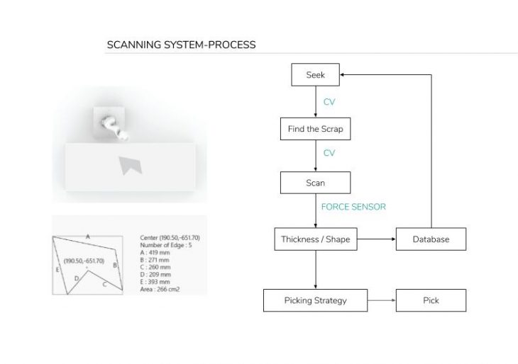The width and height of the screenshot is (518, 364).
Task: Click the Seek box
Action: click(x=315, y=75)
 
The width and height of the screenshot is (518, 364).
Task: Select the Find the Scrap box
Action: click(x=315, y=130)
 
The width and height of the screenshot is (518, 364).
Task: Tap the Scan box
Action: click(x=315, y=183)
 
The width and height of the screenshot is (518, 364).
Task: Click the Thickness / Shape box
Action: click(x=315, y=239)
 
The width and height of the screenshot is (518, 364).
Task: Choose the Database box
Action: click(x=431, y=239)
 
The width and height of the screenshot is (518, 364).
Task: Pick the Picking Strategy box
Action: click(x=315, y=300)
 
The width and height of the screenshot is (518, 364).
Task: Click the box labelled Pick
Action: click(x=431, y=300)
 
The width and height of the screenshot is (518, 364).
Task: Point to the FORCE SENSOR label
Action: click(x=353, y=207)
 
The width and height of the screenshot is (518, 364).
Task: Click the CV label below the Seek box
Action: click(x=329, y=102)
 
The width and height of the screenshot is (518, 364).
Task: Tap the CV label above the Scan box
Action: click(x=329, y=153)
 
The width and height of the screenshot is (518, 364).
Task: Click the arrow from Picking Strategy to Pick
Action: click(x=381, y=300)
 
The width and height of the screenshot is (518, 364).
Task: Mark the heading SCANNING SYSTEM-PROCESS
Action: click(x=181, y=45)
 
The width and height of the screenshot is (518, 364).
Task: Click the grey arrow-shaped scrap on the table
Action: click(x=130, y=164)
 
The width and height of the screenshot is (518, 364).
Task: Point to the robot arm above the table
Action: click(x=113, y=125)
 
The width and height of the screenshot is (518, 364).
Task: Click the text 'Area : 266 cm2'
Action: click(x=161, y=288)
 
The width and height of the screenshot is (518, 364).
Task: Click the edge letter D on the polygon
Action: click(x=77, y=278)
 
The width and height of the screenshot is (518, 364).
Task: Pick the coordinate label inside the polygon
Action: click(x=84, y=261)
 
